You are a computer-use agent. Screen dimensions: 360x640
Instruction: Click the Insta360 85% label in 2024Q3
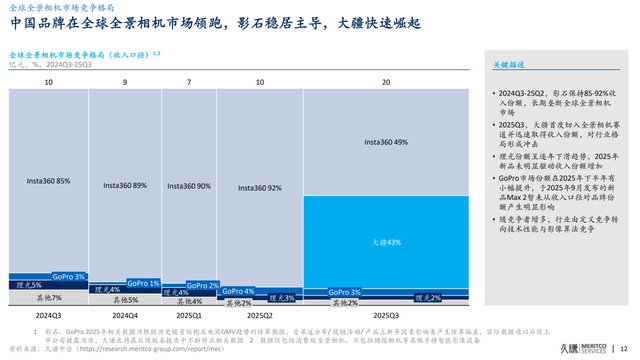[48, 181]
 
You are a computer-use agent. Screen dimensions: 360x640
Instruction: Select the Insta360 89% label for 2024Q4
[125, 185]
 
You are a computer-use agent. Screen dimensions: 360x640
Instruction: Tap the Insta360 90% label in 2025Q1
[190, 186]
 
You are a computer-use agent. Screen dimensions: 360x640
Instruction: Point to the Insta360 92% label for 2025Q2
[260, 188]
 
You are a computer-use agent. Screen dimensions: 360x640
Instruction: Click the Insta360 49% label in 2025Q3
[386, 143]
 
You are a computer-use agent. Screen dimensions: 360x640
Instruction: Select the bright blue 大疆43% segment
[386, 242]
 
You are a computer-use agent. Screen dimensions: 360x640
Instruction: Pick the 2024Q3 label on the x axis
[48, 314]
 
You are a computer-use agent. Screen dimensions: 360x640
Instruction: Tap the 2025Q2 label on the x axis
[260, 314]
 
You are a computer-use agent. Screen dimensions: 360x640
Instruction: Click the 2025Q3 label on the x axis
[386, 314]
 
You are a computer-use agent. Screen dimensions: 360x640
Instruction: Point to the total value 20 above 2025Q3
[386, 81]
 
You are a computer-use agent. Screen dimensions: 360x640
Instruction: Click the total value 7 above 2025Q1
[190, 81]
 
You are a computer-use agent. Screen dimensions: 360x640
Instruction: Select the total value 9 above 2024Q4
[125, 81]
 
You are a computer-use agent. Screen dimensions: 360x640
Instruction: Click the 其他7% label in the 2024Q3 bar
[48, 298]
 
